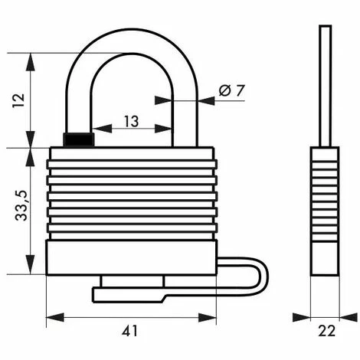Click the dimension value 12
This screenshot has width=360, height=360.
click(18, 100)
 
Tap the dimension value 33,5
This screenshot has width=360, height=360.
click(21, 205)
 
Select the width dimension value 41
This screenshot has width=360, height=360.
click(129, 331)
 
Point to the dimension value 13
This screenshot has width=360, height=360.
click(132, 121)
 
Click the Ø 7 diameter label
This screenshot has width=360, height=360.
click(231, 90)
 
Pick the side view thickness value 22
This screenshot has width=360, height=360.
click(327, 331)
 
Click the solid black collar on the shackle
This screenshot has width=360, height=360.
click(79, 139)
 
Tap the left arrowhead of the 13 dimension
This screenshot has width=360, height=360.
click(102, 129)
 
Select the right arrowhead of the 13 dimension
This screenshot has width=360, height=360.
click(163, 129)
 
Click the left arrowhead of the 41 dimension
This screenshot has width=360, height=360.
click(55, 317)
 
